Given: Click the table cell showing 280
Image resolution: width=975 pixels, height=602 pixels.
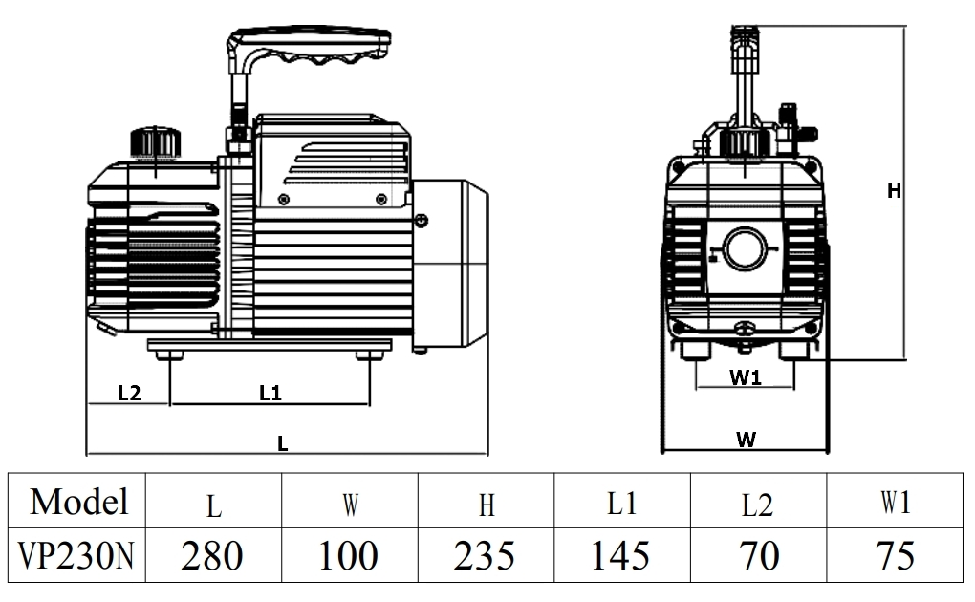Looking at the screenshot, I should pos(212,555).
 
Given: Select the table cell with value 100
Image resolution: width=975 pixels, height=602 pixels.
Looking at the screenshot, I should pos(349,555).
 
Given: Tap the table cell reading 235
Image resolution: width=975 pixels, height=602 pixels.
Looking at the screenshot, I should pos(486,555).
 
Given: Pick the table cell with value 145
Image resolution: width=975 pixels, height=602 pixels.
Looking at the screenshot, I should pos(621,555).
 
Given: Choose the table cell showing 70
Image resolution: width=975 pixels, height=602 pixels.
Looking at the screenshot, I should pos(757,555).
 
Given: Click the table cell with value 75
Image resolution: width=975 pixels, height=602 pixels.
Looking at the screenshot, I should pos(894,555).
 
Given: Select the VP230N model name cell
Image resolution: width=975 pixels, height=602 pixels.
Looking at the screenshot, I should pos(76,555).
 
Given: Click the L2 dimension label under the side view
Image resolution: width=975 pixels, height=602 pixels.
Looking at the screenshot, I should pos(129,393).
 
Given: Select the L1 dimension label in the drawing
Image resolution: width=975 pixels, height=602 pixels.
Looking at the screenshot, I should pos(271,393).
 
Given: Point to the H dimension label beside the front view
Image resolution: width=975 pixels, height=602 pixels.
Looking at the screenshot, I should pos(894,191).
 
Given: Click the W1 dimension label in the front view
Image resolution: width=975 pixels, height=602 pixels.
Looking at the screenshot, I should pos(746,377).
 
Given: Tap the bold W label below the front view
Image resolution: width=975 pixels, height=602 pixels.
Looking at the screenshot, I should pos(746,440).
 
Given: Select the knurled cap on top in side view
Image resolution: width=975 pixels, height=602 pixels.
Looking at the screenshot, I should pos(155,142).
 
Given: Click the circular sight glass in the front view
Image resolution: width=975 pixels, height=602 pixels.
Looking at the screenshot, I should pos(745,249).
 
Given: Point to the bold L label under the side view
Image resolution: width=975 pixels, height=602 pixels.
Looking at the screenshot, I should pos(283,443).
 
